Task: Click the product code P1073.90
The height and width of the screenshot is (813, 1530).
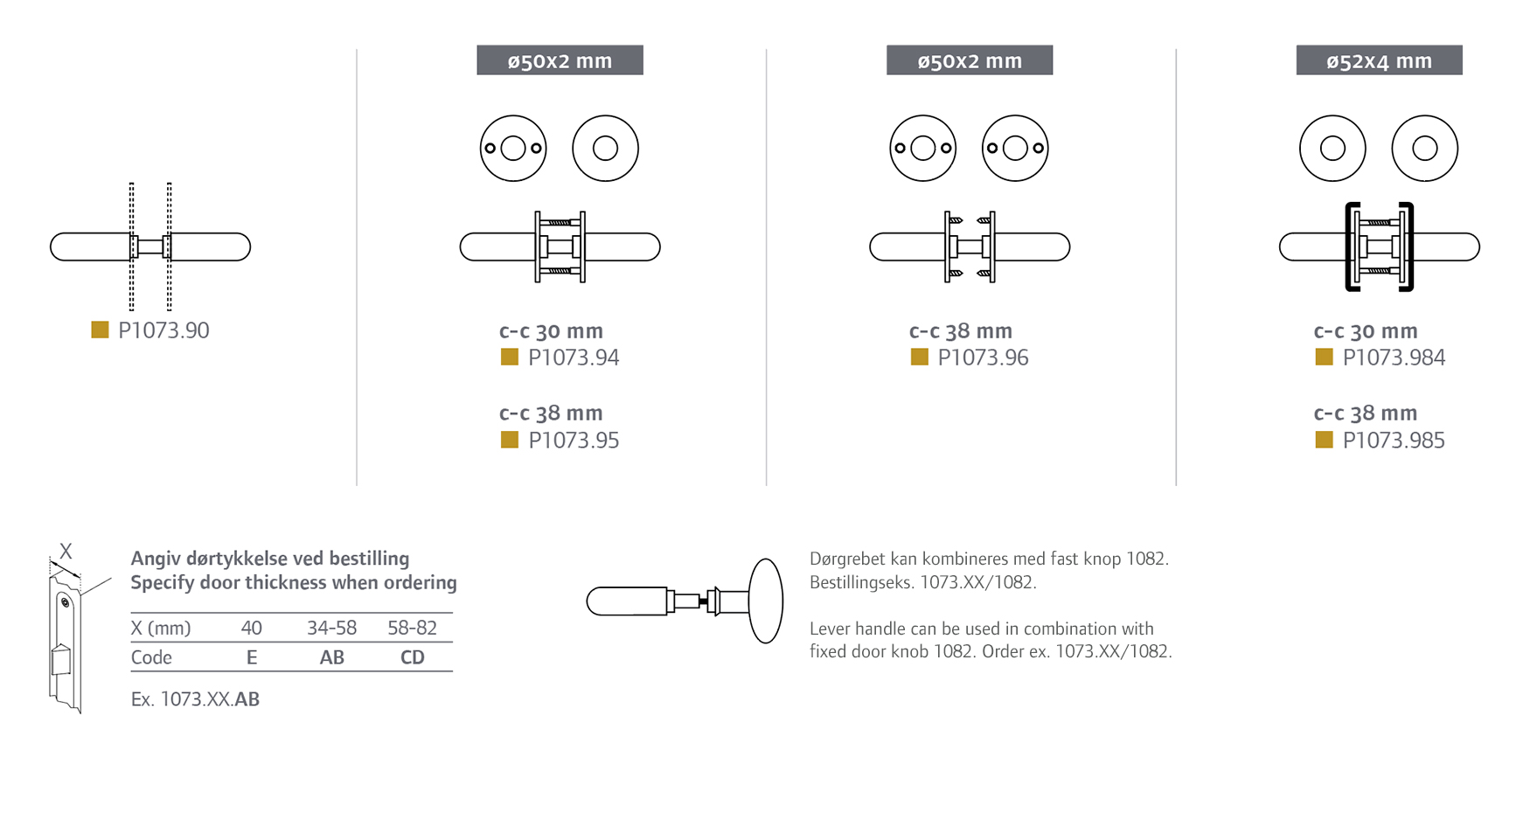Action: tap(163, 330)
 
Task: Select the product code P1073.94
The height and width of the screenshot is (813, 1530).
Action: tap(574, 358)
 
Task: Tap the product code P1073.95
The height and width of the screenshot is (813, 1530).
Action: tap(574, 441)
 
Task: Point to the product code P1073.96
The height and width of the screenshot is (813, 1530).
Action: tap(983, 358)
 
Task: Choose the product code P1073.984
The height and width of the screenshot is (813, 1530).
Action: tap(1394, 358)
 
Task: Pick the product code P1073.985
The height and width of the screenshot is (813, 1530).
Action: tap(1394, 441)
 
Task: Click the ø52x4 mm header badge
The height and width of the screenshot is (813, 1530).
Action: tap(1379, 60)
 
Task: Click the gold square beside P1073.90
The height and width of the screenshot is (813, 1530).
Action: tap(101, 330)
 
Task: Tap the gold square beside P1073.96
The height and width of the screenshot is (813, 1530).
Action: tap(920, 357)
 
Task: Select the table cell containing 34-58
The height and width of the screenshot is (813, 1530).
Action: tap(331, 628)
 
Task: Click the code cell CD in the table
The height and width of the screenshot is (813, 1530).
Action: tap(412, 657)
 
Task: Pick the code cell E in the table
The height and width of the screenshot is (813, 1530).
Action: tap(252, 657)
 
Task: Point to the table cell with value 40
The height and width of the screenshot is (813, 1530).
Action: tap(251, 628)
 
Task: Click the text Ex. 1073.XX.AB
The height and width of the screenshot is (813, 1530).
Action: tap(195, 699)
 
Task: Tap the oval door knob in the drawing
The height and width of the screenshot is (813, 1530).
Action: tap(766, 601)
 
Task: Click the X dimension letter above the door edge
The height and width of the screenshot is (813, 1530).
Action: tap(66, 552)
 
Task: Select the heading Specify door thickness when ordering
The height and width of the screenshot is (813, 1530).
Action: tap(294, 583)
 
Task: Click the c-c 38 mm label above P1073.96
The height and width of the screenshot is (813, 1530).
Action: tap(961, 331)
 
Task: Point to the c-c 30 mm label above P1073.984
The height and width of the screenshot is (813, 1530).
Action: tap(1366, 331)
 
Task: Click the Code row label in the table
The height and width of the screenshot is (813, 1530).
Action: tap(151, 657)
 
